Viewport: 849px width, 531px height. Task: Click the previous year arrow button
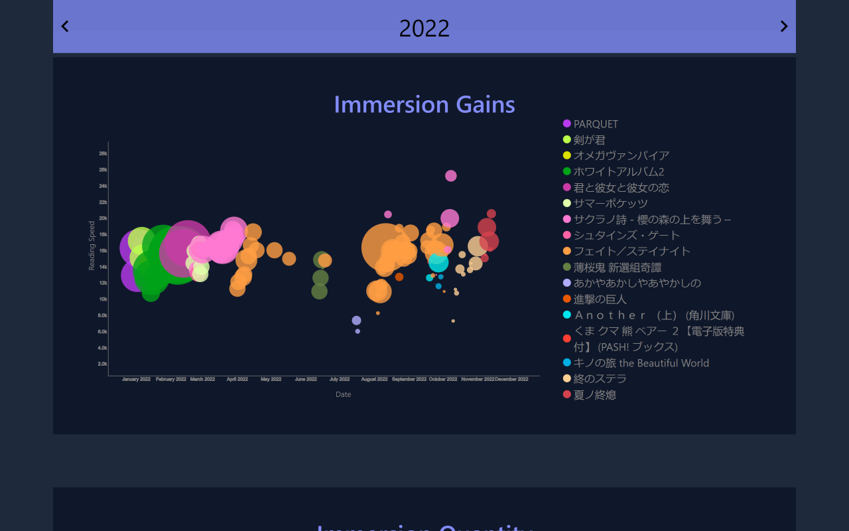coord(65,27)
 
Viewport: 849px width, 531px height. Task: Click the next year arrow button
coord(783,27)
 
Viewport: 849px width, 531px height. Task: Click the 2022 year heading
coord(424,29)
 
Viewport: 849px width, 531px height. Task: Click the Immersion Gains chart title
coord(424,105)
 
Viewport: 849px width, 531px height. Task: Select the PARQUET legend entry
coord(595,124)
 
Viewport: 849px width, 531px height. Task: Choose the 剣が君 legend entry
coord(589,140)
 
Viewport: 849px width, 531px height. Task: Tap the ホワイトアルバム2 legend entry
coord(618,172)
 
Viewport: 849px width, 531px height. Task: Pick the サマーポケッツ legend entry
coord(610,204)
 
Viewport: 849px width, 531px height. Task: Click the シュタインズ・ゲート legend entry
coord(626,236)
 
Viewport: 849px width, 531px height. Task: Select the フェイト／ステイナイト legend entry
coord(631,252)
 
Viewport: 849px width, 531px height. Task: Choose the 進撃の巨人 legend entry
coord(600,299)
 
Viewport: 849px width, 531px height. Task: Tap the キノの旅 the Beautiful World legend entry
coord(641,363)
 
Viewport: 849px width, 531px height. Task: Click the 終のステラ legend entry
coord(600,379)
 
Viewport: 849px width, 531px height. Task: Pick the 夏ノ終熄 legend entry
coord(594,395)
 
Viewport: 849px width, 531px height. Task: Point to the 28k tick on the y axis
coord(103,153)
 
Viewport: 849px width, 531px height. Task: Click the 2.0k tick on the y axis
coord(102,364)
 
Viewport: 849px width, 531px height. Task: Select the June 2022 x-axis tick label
coord(305,379)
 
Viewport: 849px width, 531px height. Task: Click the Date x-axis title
coord(343,394)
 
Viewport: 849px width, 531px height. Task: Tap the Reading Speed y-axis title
coord(92,246)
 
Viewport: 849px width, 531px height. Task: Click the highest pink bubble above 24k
coord(451,176)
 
